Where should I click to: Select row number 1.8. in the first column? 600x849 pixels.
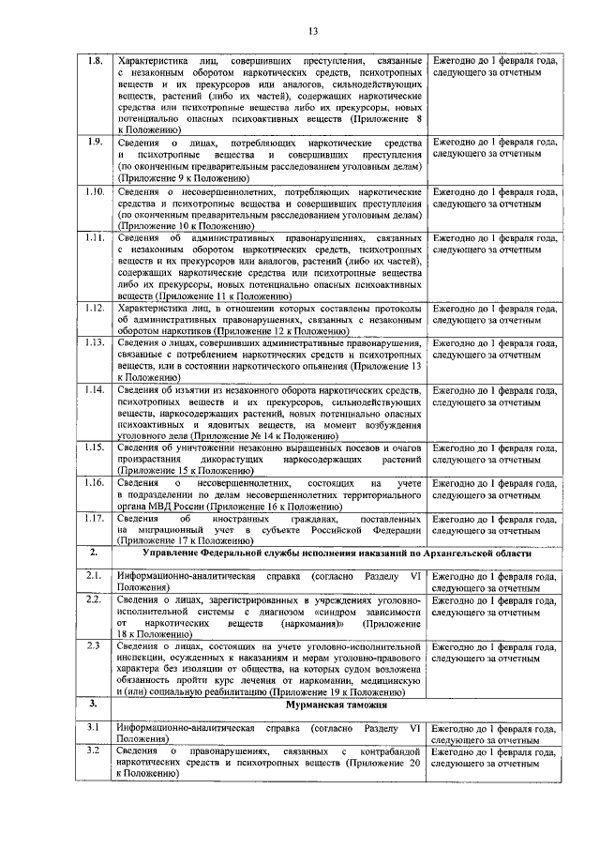(x=95, y=61)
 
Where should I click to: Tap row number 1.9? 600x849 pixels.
(x=95, y=143)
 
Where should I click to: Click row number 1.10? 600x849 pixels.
(x=95, y=191)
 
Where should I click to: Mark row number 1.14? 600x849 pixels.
(x=95, y=389)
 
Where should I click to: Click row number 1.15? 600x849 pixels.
(x=95, y=447)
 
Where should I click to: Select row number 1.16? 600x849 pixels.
(x=95, y=482)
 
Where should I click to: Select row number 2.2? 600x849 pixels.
(x=95, y=599)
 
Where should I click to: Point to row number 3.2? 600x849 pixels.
(x=95, y=751)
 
